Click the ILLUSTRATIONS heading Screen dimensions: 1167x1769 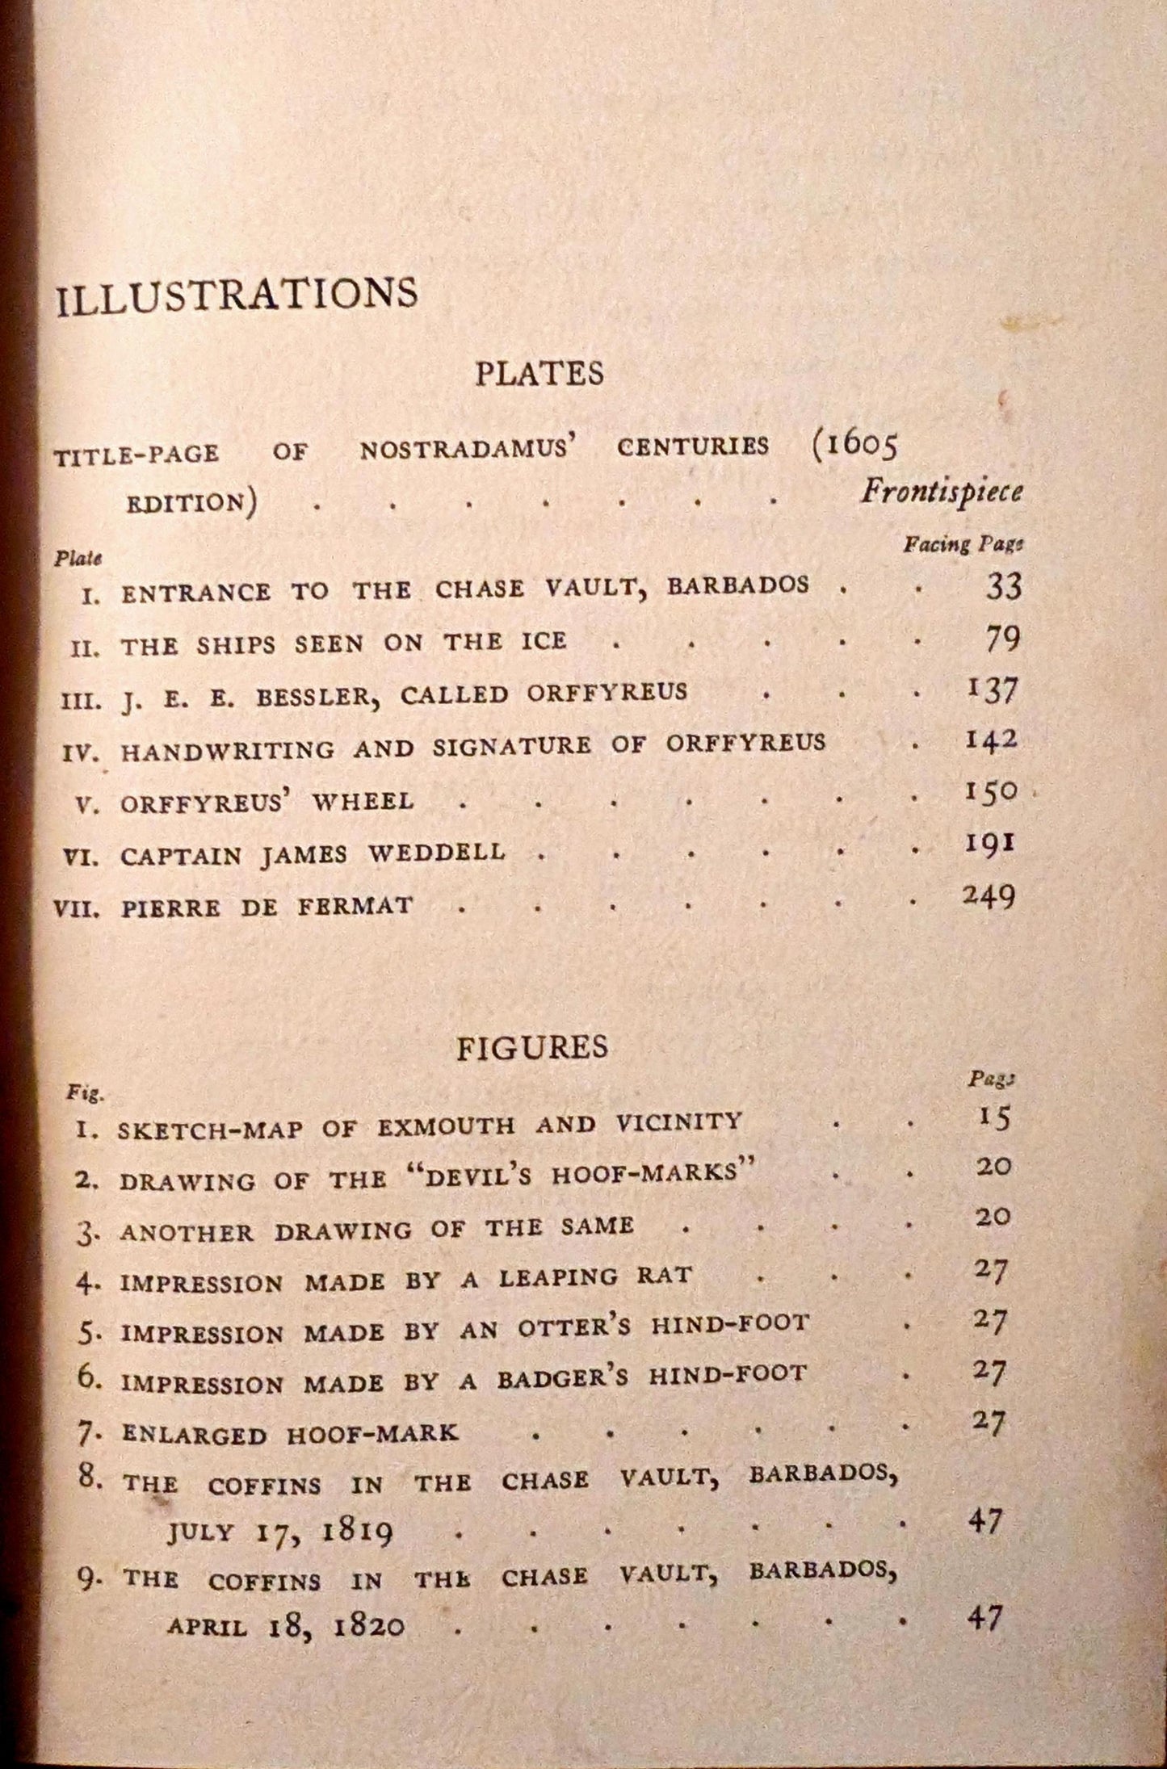(x=236, y=293)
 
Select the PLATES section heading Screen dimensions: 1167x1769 (x=539, y=374)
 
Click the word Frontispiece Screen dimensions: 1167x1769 (x=941, y=492)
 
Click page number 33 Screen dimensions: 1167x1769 (x=1003, y=587)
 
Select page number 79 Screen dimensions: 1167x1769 (x=1003, y=639)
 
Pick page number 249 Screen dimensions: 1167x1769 (x=989, y=897)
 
